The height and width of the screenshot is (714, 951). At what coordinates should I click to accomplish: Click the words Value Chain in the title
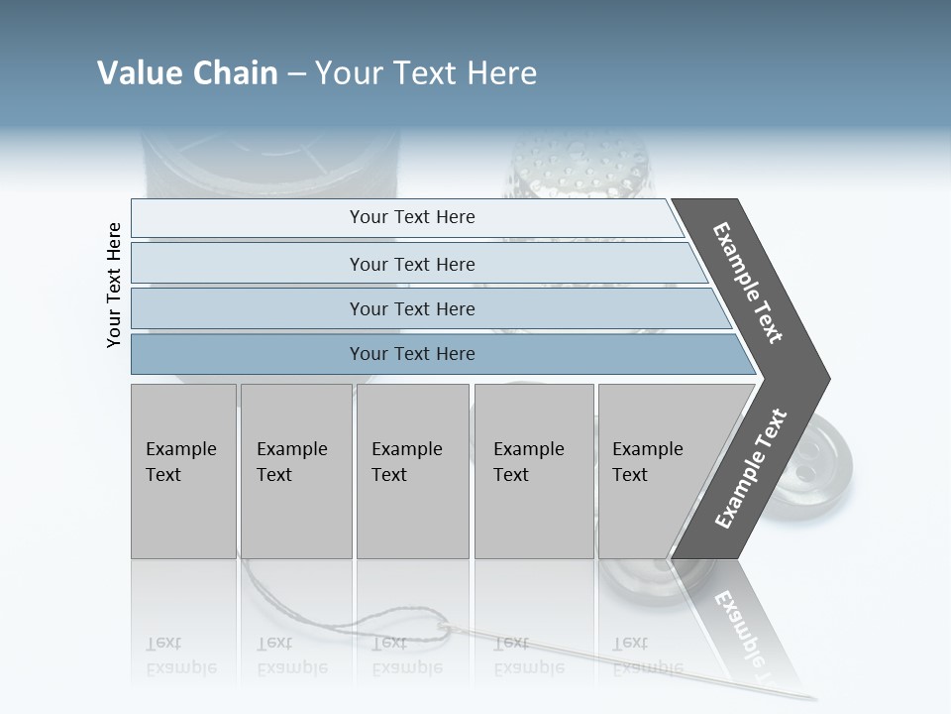[x=187, y=73]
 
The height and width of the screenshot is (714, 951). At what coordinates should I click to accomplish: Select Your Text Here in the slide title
[x=426, y=73]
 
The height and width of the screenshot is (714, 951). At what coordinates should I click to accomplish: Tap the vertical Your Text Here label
[x=114, y=285]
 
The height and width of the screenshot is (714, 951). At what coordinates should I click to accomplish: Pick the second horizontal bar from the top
[x=412, y=264]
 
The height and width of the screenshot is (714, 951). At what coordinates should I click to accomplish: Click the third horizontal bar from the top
[x=412, y=308]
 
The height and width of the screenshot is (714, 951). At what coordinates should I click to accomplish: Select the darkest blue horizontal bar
[x=412, y=354]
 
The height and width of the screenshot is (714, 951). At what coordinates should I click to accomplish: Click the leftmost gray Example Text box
[x=183, y=471]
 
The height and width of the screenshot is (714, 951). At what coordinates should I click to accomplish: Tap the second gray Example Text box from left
[x=295, y=471]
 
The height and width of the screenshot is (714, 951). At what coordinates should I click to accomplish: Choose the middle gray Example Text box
[x=412, y=471]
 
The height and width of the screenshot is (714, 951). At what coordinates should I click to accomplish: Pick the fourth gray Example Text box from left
[x=534, y=471]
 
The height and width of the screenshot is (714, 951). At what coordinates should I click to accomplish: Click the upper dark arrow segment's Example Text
[x=749, y=283]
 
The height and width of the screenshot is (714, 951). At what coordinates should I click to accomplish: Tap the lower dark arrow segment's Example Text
[x=751, y=468]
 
